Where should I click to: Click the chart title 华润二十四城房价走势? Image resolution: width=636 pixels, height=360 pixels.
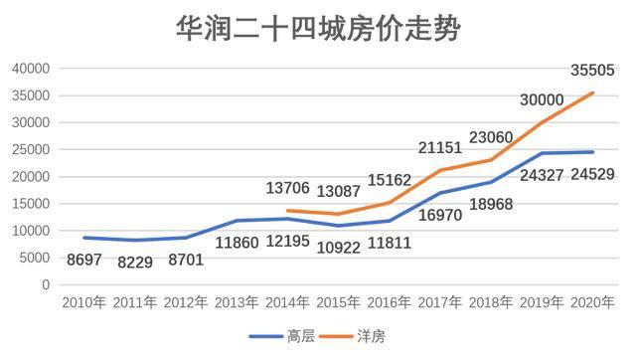(x=318, y=29)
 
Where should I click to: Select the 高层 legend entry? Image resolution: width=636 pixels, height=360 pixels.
(x=282, y=336)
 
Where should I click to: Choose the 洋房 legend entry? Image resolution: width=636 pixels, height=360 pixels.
(x=353, y=336)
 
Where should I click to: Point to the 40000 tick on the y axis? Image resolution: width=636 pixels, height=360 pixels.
(x=31, y=69)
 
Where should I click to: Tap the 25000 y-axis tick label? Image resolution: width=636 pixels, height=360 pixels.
(x=31, y=150)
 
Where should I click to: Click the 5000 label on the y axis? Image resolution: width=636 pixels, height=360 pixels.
(x=35, y=258)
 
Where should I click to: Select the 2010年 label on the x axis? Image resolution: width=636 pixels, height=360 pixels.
(x=83, y=302)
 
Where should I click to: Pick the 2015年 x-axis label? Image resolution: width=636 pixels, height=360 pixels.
(x=338, y=302)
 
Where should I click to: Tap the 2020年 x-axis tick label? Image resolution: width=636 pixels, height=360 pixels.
(x=592, y=302)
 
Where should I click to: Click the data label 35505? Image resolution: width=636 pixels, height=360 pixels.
(x=592, y=71)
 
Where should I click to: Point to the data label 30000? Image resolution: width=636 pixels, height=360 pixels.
(x=542, y=99)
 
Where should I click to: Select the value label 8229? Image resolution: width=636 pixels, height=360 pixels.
(x=135, y=263)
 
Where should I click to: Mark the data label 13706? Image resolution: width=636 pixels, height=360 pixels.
(x=287, y=188)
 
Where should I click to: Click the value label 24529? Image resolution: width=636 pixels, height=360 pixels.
(x=592, y=174)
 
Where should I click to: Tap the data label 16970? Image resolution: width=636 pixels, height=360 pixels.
(x=440, y=215)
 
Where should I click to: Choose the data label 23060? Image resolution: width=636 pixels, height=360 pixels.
(x=491, y=137)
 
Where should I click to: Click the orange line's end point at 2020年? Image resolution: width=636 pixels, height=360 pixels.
(x=593, y=92)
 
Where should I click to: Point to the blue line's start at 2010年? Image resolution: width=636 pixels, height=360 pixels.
(x=83, y=238)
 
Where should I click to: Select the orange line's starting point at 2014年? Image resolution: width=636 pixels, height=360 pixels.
(x=287, y=211)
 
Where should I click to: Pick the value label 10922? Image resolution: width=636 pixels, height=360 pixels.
(x=338, y=248)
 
